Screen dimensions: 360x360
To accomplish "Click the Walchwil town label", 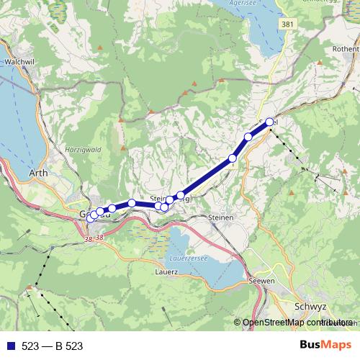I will (x=15, y=62).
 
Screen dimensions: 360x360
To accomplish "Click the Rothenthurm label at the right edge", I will (x=345, y=48).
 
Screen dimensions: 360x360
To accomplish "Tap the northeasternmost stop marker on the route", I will (x=271, y=122).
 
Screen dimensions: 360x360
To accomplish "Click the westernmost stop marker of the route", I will (x=90, y=218).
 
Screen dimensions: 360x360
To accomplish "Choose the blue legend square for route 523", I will (x=10, y=346).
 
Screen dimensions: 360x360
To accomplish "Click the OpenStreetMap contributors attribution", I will (x=297, y=323).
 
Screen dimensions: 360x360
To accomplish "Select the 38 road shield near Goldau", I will (x=90, y=238).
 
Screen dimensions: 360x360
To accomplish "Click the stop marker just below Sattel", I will (x=248, y=137).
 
